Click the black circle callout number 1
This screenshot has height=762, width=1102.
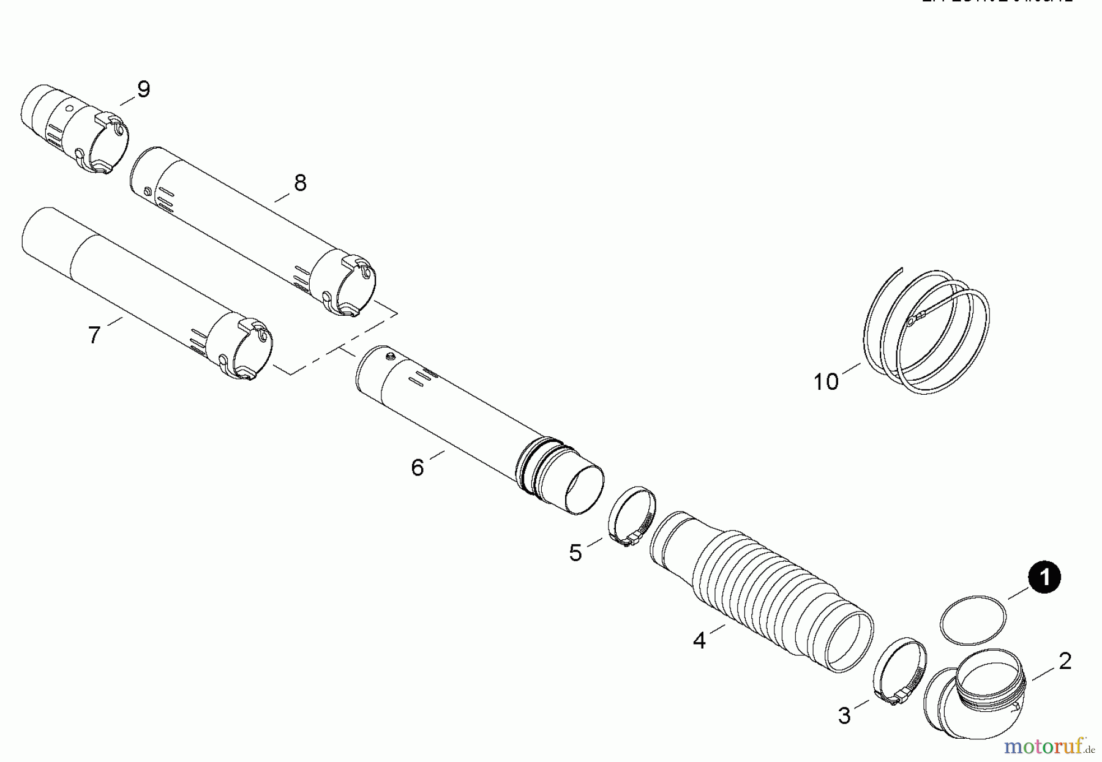1044,578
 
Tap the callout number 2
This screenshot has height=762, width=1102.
1065,661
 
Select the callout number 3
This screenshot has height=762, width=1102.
844,715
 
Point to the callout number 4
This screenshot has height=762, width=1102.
699,640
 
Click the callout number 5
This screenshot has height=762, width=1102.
575,553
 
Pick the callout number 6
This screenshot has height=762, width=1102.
417,468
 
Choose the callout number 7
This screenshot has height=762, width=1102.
94,335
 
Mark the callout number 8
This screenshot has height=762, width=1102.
299,182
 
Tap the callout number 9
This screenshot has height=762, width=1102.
143,89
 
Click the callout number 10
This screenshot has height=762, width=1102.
825,382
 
